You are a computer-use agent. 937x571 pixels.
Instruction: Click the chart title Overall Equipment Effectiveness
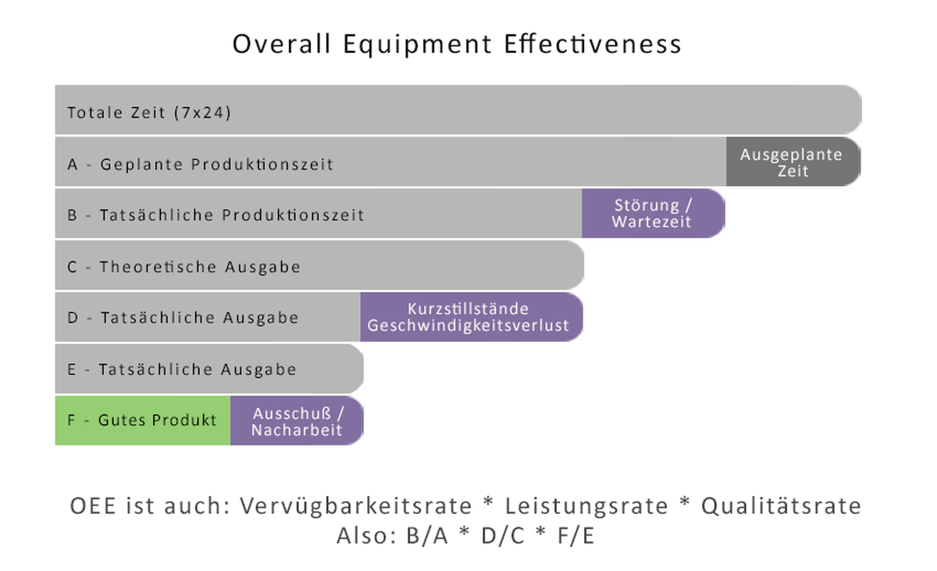pyautogui.click(x=457, y=44)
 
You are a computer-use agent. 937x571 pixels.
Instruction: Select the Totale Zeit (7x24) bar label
pyautogui.click(x=149, y=112)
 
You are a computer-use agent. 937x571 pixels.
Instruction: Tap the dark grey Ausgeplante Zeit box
pyautogui.click(x=793, y=162)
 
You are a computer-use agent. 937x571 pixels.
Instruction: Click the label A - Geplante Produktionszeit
pyautogui.click(x=200, y=165)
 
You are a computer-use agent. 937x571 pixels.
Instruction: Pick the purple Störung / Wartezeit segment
pyautogui.click(x=652, y=214)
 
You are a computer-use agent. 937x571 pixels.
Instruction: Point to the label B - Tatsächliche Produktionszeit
pyautogui.click(x=216, y=215)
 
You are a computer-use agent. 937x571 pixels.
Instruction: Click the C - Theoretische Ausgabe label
pyautogui.click(x=183, y=267)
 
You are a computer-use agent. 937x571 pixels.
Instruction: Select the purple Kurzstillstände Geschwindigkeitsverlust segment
pyautogui.click(x=468, y=317)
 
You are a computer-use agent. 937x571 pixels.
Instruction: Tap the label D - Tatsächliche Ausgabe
pyautogui.click(x=183, y=318)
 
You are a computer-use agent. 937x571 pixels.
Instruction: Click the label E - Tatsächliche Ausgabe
pyautogui.click(x=181, y=369)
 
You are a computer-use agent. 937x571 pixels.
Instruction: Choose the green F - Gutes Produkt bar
pyautogui.click(x=142, y=420)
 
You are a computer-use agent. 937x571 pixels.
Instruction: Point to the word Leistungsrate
pyautogui.click(x=586, y=506)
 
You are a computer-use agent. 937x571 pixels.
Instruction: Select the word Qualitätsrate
pyautogui.click(x=782, y=506)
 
